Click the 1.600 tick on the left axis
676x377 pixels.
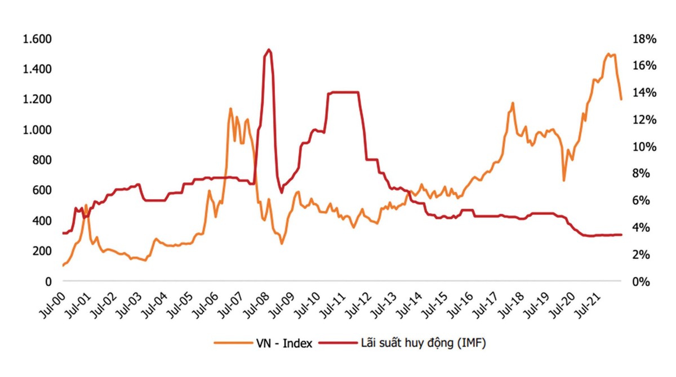coord(36,39)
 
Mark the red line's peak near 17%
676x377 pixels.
coord(269,50)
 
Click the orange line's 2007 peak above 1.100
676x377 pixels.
coord(230,109)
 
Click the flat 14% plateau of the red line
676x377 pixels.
coord(344,92)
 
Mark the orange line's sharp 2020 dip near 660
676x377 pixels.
coord(563,180)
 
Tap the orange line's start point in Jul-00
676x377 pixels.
coord(63,266)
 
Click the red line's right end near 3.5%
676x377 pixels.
coord(621,235)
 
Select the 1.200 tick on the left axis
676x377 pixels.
coord(36,100)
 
